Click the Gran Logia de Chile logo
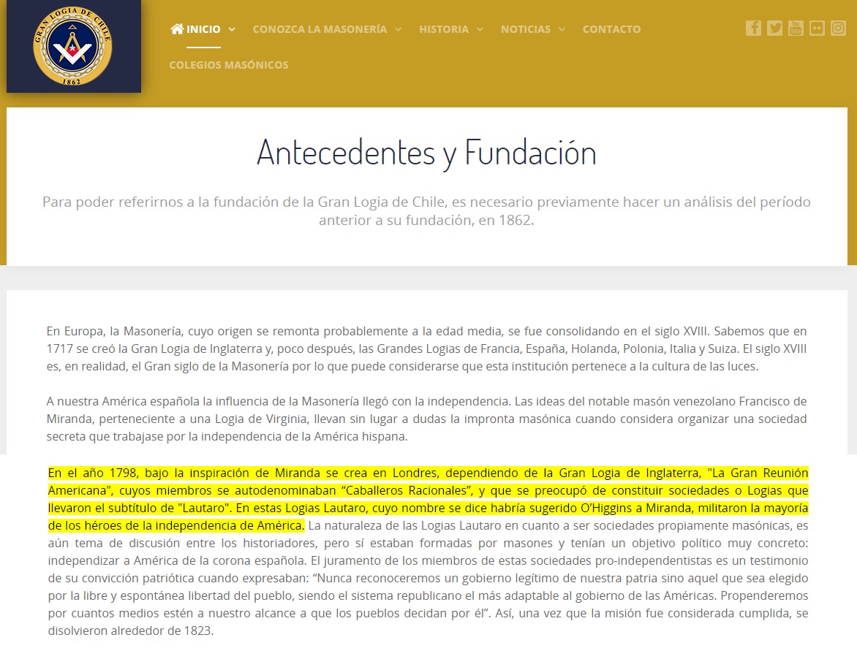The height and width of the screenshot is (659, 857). (x=73, y=47)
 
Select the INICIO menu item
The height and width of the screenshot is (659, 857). (x=203, y=29)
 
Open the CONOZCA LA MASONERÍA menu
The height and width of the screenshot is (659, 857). (x=320, y=29)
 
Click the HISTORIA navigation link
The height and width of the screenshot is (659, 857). (x=444, y=29)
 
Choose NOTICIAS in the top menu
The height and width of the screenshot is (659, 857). (x=526, y=29)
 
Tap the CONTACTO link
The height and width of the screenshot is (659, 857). (x=611, y=29)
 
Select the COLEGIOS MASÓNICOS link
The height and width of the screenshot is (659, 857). (x=229, y=65)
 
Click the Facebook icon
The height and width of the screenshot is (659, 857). (x=753, y=28)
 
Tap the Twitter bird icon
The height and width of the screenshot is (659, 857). (x=774, y=28)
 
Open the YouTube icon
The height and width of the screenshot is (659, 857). (x=796, y=28)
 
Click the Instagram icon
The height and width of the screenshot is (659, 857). (x=838, y=28)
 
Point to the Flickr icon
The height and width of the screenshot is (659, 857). (x=817, y=28)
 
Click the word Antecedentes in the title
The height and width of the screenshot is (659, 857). (x=345, y=153)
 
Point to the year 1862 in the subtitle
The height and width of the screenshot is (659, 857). (x=513, y=220)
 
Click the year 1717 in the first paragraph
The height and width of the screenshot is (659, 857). (x=58, y=348)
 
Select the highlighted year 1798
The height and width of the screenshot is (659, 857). (x=120, y=473)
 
